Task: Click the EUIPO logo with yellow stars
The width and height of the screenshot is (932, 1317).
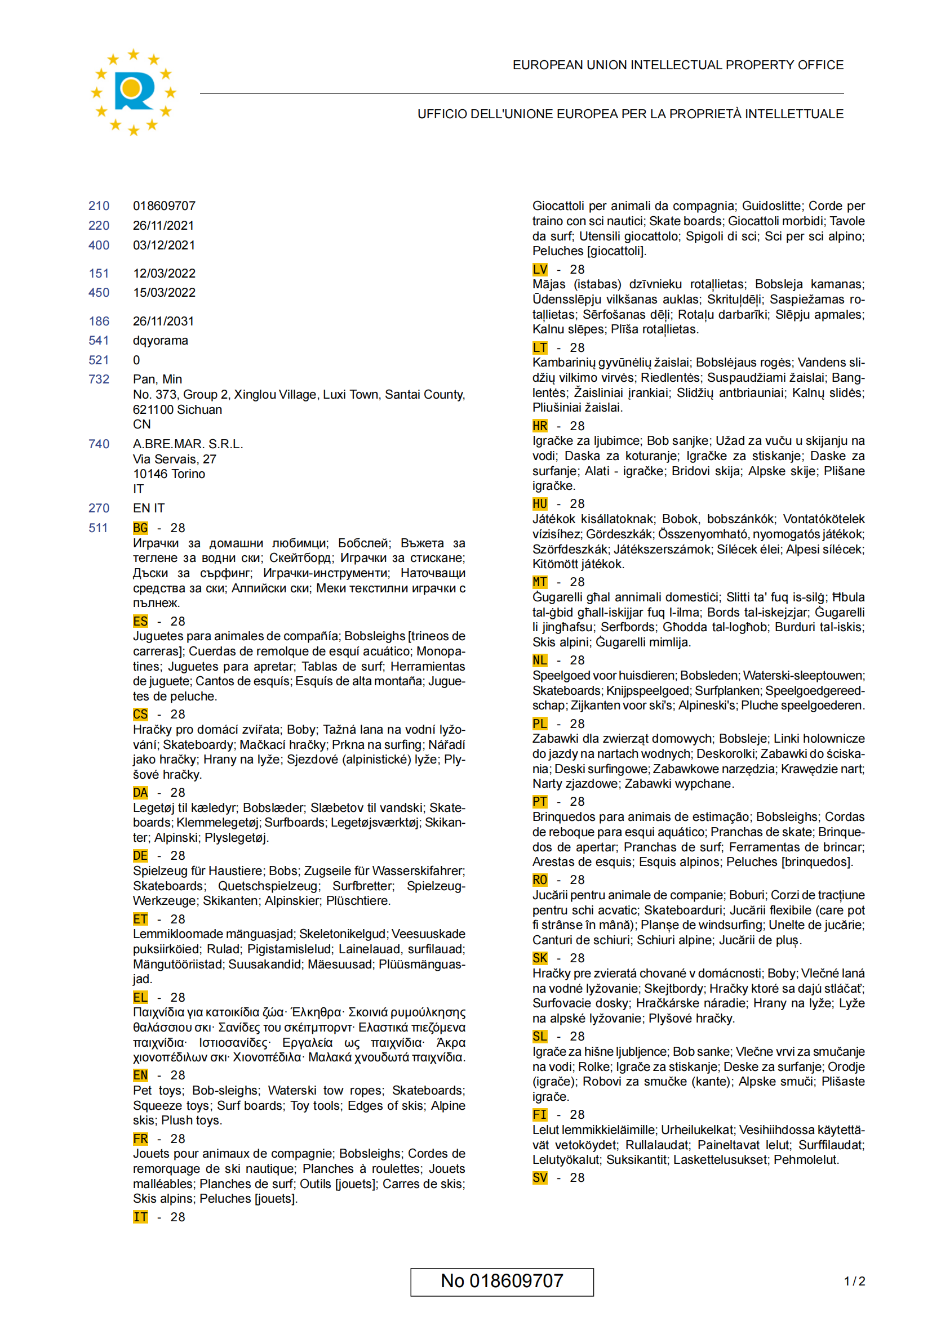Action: (133, 92)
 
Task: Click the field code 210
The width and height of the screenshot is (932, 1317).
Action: (99, 206)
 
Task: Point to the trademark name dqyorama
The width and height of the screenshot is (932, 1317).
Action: (161, 341)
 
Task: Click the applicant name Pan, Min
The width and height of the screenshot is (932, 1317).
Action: (157, 379)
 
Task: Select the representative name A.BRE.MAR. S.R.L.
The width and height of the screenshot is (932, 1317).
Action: (188, 444)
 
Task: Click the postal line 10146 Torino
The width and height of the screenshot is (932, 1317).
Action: (168, 474)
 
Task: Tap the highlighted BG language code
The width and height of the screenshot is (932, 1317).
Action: (141, 528)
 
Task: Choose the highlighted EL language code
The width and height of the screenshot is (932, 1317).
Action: (141, 998)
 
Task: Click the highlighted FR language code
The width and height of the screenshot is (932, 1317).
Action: (141, 1139)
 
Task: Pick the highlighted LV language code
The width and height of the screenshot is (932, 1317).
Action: (540, 270)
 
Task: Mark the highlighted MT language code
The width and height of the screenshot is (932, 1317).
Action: (540, 582)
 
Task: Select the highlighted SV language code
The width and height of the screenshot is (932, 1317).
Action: (540, 1177)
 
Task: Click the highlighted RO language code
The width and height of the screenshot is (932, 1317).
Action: (540, 880)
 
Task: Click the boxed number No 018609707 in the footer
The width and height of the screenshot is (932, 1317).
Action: (501, 1282)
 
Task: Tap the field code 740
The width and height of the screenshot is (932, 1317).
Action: (99, 444)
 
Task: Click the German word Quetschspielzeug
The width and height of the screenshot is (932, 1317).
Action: (268, 886)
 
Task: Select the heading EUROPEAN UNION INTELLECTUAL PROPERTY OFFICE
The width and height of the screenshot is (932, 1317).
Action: (678, 65)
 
